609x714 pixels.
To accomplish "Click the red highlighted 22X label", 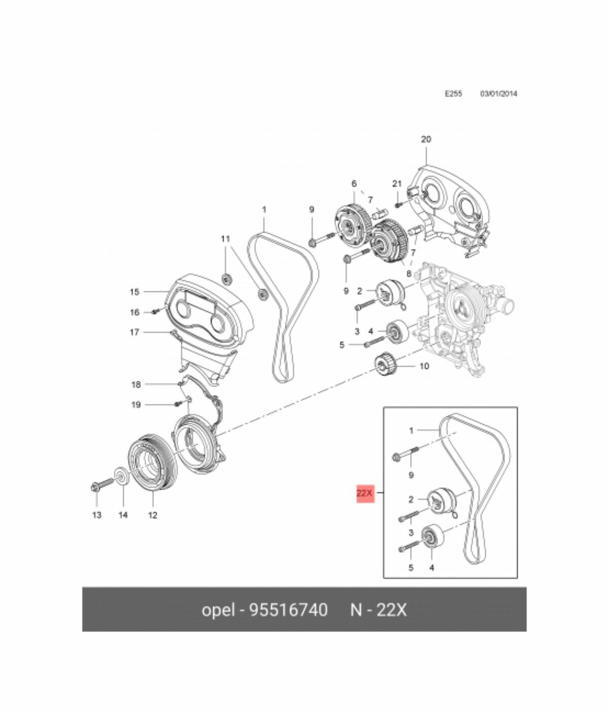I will click(x=365, y=493).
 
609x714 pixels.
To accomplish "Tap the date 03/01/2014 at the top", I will click(x=498, y=94).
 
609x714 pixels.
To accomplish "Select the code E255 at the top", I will click(x=453, y=94).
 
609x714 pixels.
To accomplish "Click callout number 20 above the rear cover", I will click(x=426, y=139).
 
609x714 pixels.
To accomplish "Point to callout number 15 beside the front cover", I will click(x=134, y=292).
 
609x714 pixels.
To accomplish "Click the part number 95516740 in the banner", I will click(x=288, y=609).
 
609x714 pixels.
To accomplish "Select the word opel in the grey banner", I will click(x=218, y=609).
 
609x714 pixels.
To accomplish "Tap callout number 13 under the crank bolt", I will click(x=96, y=515).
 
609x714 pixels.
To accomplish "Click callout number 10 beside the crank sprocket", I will click(x=424, y=366).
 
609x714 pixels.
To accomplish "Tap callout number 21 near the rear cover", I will click(x=397, y=183).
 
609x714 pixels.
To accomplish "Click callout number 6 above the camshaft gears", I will click(x=354, y=183).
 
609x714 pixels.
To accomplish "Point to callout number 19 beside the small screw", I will click(x=136, y=405).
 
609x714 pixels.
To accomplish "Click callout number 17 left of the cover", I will click(x=134, y=332).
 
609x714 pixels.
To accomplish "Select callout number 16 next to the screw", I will click(x=134, y=312).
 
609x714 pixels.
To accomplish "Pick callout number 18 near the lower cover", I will click(x=136, y=384).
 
